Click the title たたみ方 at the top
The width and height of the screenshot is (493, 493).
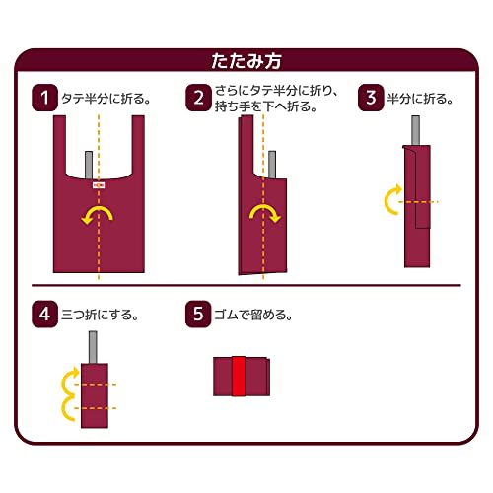(x=246, y=59)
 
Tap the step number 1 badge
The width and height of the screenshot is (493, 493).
(x=43, y=97)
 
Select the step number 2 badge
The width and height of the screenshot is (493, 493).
(x=198, y=97)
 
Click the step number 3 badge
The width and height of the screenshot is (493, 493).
(x=372, y=97)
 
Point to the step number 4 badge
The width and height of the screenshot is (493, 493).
(x=43, y=316)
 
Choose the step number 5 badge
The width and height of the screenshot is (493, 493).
(x=198, y=316)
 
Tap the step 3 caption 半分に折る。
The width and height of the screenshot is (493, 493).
(x=422, y=99)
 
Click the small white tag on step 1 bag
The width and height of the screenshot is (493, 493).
(x=97, y=183)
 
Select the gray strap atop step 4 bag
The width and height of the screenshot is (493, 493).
(x=95, y=345)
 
